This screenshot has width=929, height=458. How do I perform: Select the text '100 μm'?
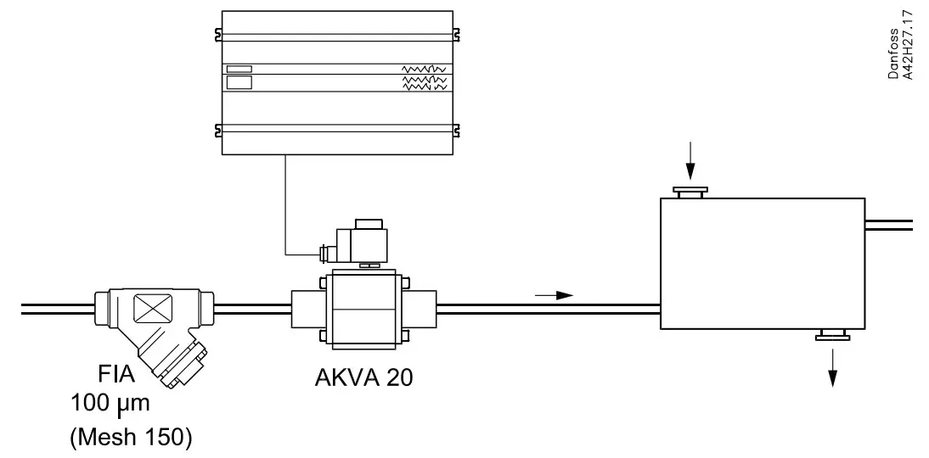(110, 403)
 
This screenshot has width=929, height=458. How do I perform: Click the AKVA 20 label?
(363, 377)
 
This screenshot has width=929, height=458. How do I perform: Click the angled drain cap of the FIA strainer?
(183, 366)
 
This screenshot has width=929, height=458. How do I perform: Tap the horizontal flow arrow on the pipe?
(554, 295)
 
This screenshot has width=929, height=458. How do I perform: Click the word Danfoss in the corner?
(894, 54)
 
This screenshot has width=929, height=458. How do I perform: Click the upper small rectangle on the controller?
(239, 69)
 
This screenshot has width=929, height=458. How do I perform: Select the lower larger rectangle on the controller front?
(239, 83)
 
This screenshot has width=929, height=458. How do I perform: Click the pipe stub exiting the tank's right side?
(888, 225)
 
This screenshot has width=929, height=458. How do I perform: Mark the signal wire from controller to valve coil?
(286, 204)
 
